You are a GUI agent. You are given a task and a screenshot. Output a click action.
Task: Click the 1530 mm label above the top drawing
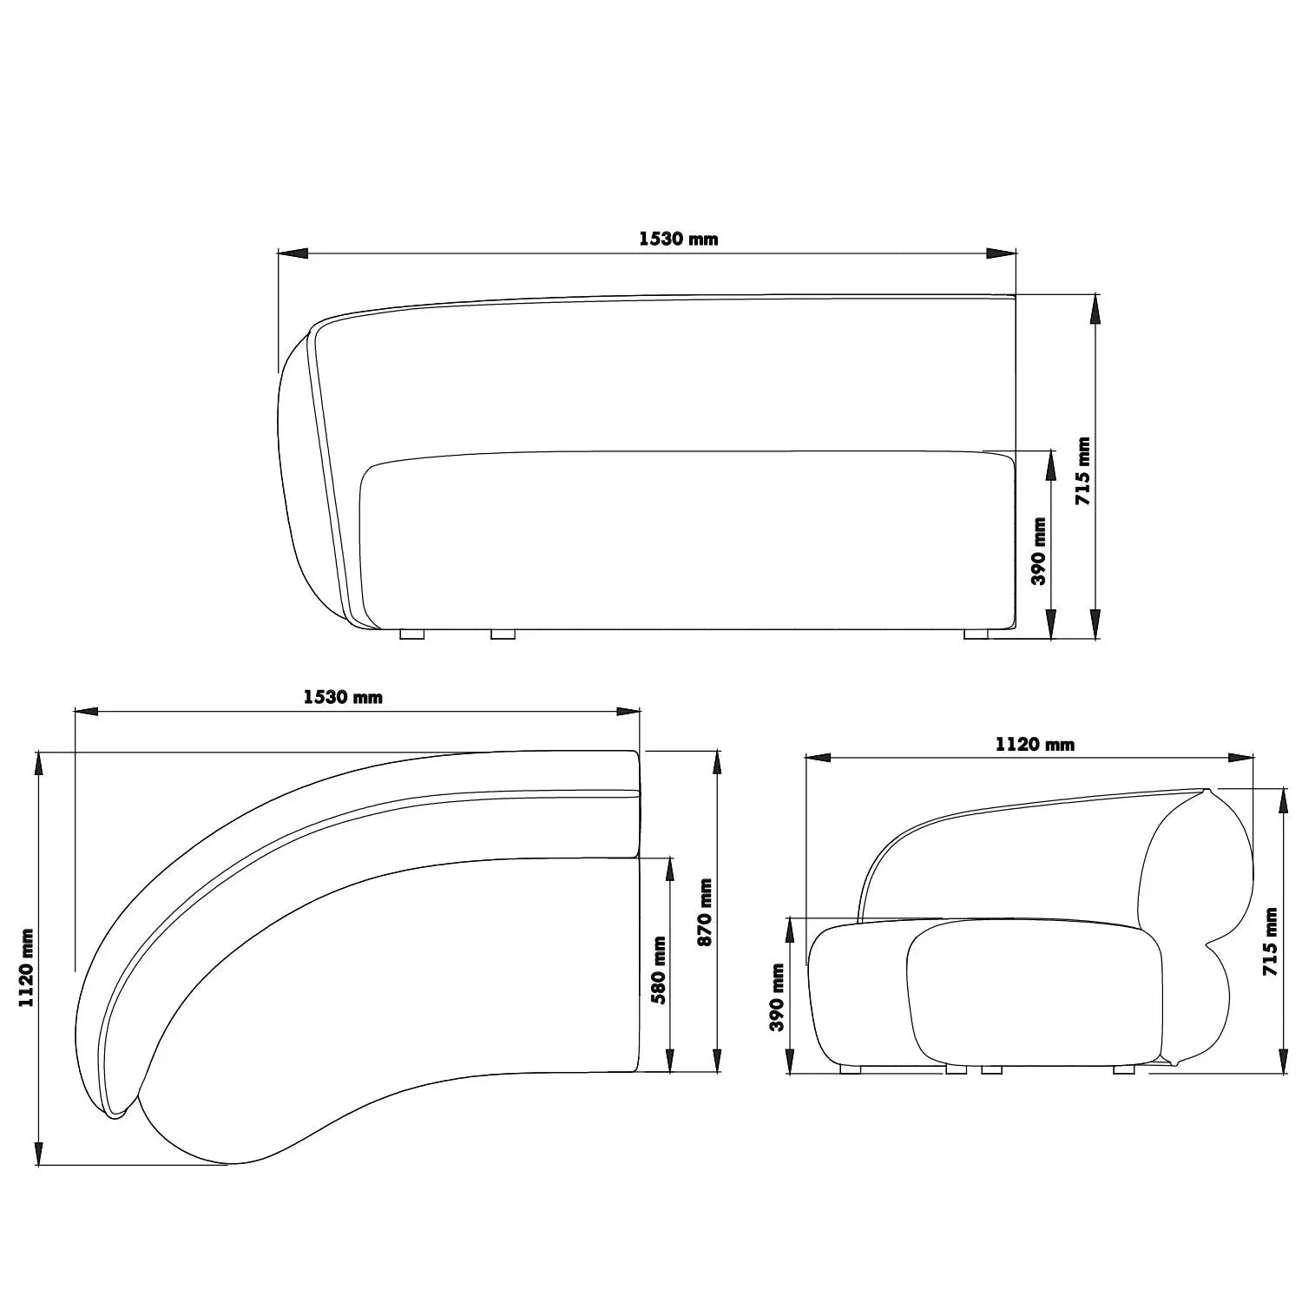[679, 239]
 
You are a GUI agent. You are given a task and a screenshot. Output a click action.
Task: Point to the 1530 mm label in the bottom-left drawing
[343, 697]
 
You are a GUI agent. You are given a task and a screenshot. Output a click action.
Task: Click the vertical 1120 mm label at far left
[27, 968]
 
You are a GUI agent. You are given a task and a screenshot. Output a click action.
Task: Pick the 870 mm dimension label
[705, 913]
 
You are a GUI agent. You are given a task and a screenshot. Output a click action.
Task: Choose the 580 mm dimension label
[659, 970]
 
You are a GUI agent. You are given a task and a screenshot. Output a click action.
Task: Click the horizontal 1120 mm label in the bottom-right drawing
[1035, 745]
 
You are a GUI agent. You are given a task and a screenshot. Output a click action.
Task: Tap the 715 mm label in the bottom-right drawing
[1272, 942]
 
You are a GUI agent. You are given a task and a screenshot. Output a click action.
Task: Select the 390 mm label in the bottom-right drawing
[777, 997]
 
